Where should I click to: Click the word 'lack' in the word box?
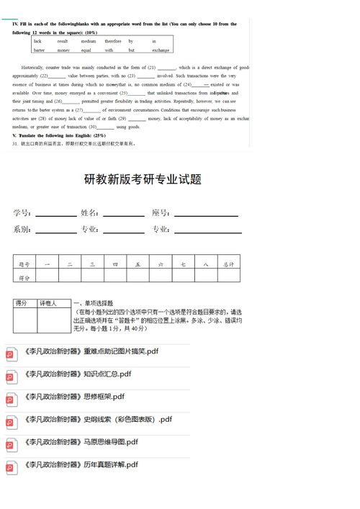point(37,41)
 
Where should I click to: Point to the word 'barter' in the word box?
point(39,50)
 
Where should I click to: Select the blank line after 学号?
point(56,215)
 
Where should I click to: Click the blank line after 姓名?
point(123,215)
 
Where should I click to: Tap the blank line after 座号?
point(206,215)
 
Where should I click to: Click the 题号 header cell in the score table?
point(24,264)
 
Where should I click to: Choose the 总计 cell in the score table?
point(229,264)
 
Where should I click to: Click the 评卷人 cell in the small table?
point(53,304)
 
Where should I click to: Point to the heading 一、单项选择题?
point(98,303)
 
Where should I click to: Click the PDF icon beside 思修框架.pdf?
point(11,397)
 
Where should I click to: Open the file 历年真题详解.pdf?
point(80,465)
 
